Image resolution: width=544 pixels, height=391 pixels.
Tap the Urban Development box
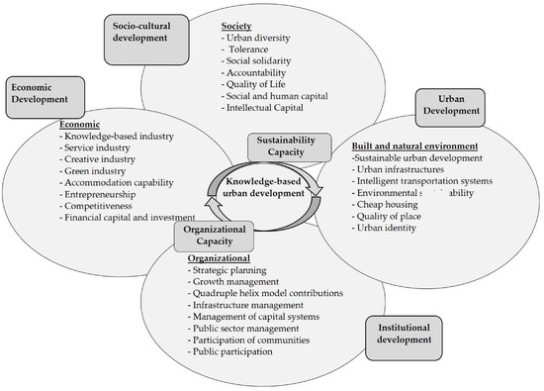click(x=457, y=106)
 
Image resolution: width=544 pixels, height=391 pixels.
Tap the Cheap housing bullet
click(x=391, y=207)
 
